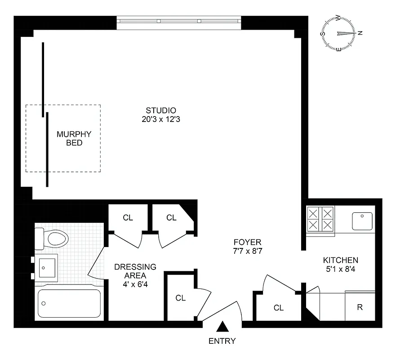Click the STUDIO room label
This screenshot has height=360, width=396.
(x=160, y=110)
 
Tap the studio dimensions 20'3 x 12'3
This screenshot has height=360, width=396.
(x=160, y=120)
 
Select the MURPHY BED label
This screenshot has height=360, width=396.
(x=74, y=138)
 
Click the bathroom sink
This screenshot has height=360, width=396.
(x=46, y=267)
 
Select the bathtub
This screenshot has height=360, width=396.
(x=69, y=303)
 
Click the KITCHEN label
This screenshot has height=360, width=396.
(x=341, y=260)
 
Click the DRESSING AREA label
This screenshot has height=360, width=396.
(x=135, y=271)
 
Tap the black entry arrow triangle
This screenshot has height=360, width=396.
(x=222, y=326)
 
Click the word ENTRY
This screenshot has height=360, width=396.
(x=222, y=341)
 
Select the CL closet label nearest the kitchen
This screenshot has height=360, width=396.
(x=279, y=308)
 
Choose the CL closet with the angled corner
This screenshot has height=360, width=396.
(x=171, y=218)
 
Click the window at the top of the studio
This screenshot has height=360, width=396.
(x=179, y=21)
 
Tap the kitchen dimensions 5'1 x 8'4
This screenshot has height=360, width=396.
(x=341, y=270)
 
